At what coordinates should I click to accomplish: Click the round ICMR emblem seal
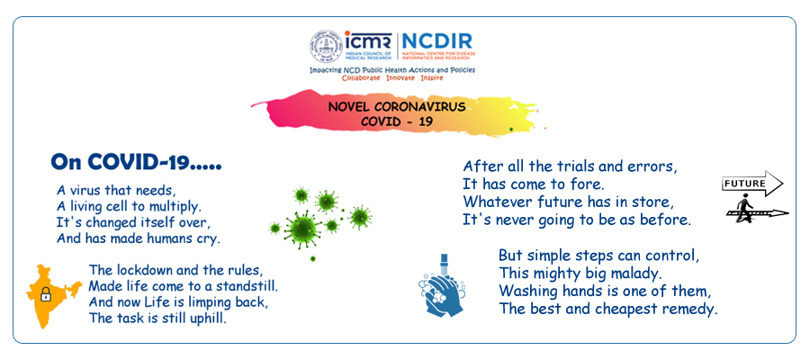click(x=326, y=46)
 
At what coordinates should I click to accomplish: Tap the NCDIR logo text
click(x=436, y=40)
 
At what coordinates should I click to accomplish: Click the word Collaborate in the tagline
click(x=361, y=77)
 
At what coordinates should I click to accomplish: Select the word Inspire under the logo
click(x=432, y=77)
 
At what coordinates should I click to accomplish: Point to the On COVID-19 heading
click(x=137, y=162)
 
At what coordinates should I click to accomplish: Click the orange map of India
click(x=51, y=296)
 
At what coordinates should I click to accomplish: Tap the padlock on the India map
click(x=46, y=293)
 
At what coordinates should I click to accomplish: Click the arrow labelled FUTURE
click(x=752, y=184)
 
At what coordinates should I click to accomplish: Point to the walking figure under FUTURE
click(x=744, y=208)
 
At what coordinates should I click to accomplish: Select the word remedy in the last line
click(x=688, y=310)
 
